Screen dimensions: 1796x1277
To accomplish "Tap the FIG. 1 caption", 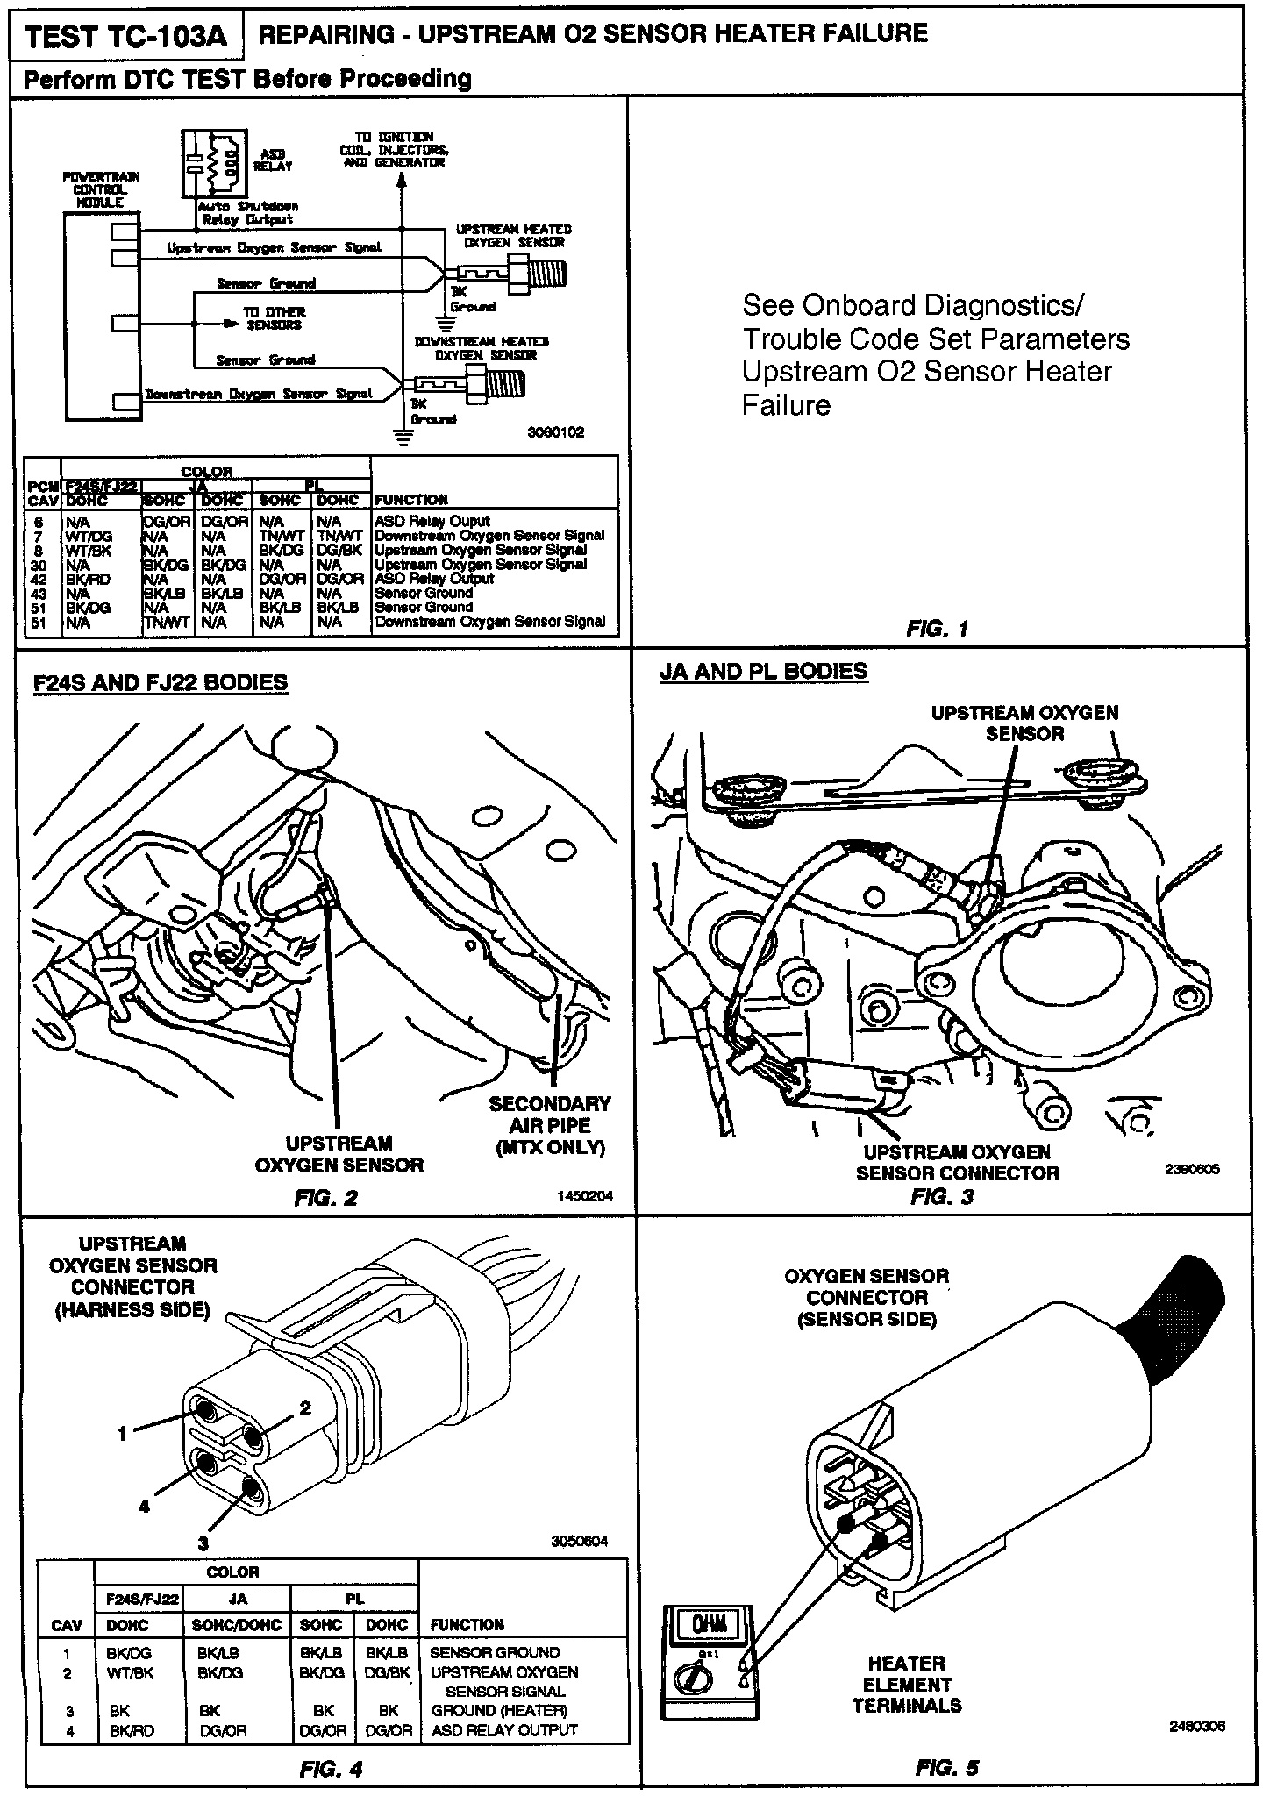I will click(x=937, y=629).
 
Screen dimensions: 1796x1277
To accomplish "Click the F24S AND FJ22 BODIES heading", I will click(x=161, y=682).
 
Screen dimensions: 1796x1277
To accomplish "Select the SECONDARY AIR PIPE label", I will click(x=550, y=1125).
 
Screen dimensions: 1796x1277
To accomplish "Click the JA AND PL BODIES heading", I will click(x=763, y=672).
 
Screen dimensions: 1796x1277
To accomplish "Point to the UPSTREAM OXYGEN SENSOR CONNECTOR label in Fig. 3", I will click(x=958, y=1163).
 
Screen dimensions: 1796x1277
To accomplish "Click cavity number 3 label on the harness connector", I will click(x=203, y=1543).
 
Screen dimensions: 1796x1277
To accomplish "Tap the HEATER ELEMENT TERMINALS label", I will click(x=907, y=1684).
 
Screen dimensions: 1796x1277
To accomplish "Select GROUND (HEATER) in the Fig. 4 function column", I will click(x=500, y=1710).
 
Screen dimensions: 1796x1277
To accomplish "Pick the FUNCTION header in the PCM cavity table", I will click(x=411, y=500).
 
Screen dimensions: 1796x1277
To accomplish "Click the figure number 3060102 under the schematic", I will click(x=555, y=432).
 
